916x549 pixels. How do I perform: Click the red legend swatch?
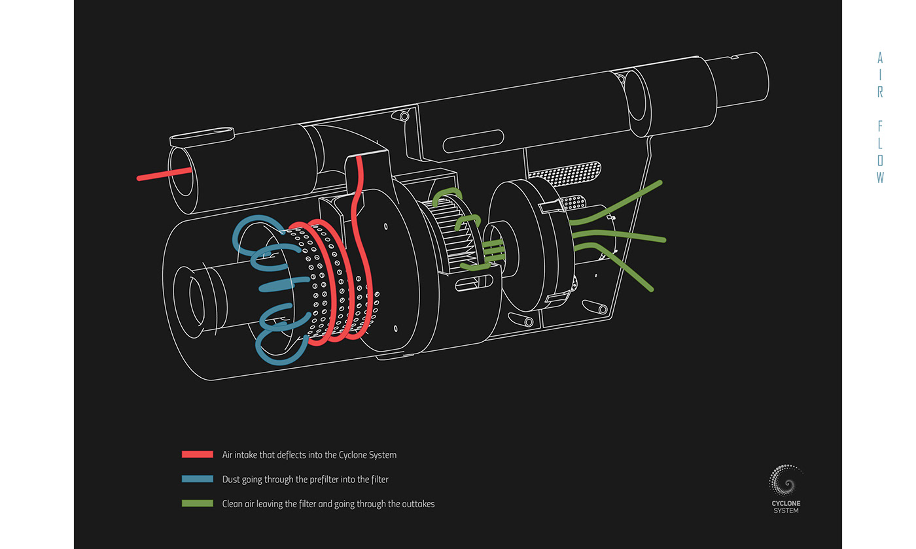click(197, 454)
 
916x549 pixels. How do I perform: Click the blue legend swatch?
click(197, 479)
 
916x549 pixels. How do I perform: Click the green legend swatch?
click(197, 504)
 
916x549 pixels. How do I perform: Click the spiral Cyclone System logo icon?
click(785, 480)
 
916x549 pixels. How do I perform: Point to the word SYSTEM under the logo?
click(786, 510)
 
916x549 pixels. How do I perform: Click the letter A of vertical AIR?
click(880, 58)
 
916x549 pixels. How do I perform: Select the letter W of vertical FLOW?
click(880, 177)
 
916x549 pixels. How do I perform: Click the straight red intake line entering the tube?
click(164, 173)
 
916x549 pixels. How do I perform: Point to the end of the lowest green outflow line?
click(650, 288)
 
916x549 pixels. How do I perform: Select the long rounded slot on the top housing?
click(472, 141)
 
